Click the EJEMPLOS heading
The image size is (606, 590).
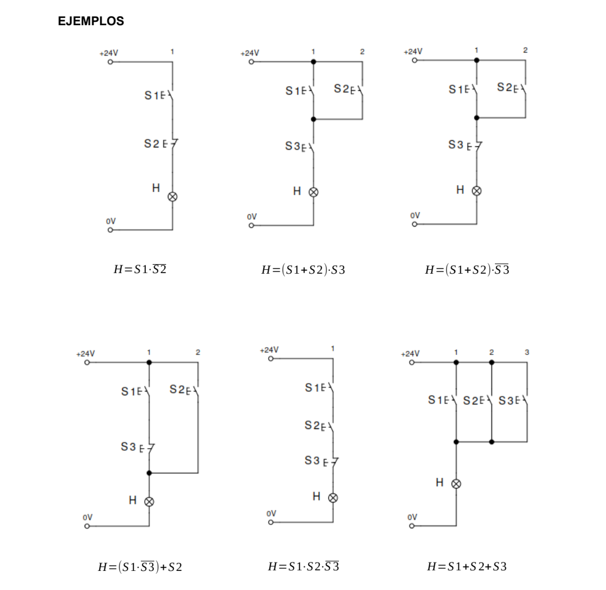click(91, 21)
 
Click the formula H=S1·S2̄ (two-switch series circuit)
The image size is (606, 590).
click(140, 269)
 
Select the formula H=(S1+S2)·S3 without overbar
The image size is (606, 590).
click(303, 270)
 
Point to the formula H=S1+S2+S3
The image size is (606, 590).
click(466, 566)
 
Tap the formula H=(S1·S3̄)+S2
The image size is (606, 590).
click(140, 566)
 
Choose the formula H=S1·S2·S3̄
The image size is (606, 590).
click(303, 566)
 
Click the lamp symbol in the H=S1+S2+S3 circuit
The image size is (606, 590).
click(456, 483)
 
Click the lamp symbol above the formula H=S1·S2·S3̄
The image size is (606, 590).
click(333, 497)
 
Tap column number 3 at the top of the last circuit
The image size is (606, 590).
click(527, 352)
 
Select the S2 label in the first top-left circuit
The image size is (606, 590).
click(151, 145)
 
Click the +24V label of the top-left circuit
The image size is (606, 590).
click(109, 53)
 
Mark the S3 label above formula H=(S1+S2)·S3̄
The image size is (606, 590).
click(456, 145)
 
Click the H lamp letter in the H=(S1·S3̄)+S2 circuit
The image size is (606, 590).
click(133, 500)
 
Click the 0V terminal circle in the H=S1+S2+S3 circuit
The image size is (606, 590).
click(412, 526)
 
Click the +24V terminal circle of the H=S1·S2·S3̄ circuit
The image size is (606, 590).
click(270, 359)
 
